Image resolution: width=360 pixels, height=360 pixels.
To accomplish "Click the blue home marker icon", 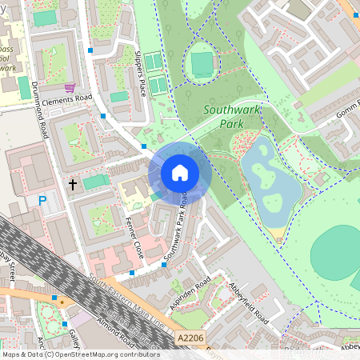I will tap(180, 173).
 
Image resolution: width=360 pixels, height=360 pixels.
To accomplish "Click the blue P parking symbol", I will tap(42, 201).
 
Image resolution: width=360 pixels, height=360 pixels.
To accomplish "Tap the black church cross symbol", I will tap(73, 185).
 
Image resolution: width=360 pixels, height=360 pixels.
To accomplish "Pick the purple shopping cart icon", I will tap(70, 87).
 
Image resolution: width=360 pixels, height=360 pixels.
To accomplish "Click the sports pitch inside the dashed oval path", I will tap(202, 62).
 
